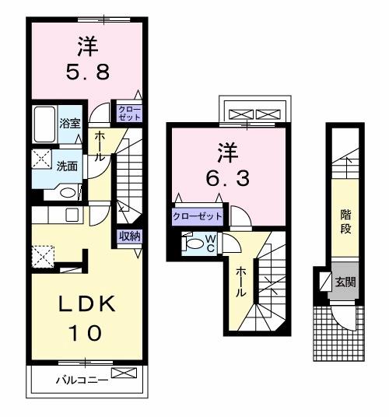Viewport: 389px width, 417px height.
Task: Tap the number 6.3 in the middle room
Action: point(229,178)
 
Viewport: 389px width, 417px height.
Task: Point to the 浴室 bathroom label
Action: point(69,123)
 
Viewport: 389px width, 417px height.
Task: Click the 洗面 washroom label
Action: point(67,165)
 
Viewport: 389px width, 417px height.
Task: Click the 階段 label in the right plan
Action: point(345,223)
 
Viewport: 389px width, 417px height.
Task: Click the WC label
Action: point(209,244)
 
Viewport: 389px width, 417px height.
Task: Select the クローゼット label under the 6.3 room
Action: point(198,216)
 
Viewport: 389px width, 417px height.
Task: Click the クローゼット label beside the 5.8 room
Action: point(129,112)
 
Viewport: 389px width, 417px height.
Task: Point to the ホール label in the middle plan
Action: point(241,281)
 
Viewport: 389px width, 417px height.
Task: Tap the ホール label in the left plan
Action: point(100,146)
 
